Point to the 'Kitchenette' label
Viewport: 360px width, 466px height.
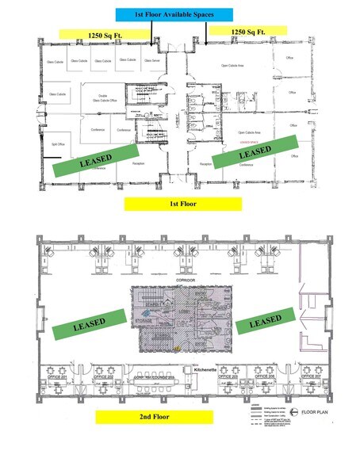pos(206,369)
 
